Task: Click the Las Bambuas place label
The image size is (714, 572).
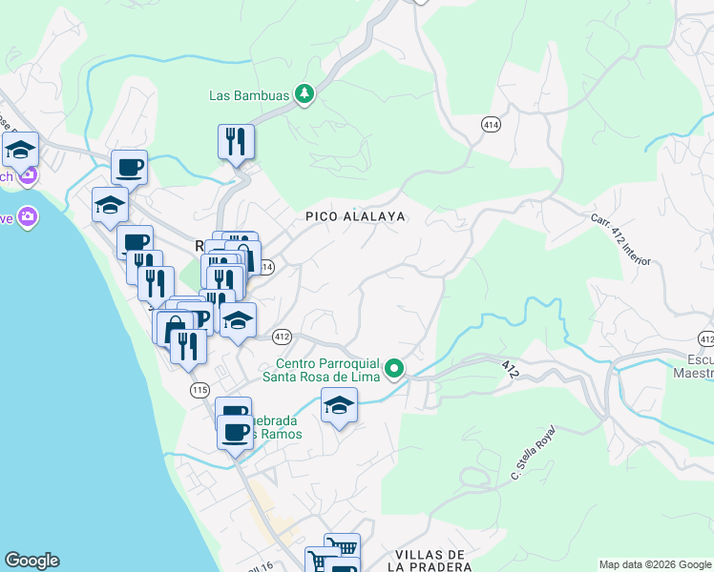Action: pos(250,94)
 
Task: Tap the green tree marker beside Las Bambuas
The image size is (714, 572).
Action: pos(304,93)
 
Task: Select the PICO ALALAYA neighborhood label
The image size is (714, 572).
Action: pos(355,216)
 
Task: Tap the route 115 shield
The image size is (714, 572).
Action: pos(199,390)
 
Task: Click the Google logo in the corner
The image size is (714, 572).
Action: pos(31,561)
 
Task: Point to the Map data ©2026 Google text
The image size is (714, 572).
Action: pos(654,564)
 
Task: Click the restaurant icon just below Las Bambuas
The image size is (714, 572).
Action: pos(235,142)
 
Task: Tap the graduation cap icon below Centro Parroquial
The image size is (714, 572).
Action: pos(339,406)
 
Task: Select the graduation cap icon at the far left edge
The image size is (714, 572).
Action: pos(19,150)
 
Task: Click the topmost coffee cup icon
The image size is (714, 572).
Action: pos(129,168)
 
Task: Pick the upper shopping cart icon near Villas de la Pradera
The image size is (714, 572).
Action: pos(342,547)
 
